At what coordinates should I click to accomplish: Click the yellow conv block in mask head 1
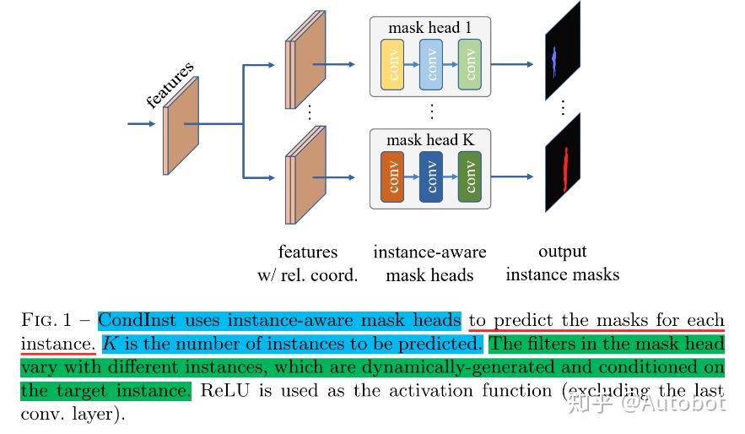(x=392, y=64)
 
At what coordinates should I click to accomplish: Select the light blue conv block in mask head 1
(x=431, y=64)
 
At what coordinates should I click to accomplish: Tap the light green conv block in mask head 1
(x=470, y=64)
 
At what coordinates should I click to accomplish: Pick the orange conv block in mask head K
(x=392, y=177)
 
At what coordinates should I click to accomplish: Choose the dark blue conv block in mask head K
(x=431, y=177)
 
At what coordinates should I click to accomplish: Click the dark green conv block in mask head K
(x=470, y=177)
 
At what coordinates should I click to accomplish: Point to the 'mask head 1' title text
(x=429, y=28)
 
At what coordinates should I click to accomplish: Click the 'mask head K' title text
(x=429, y=140)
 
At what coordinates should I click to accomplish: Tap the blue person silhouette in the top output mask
(x=553, y=57)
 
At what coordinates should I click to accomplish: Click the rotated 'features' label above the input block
(x=170, y=84)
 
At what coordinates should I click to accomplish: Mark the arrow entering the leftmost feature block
(x=142, y=124)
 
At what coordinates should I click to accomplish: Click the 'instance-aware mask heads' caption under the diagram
(x=429, y=263)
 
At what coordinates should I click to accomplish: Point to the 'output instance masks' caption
(x=562, y=263)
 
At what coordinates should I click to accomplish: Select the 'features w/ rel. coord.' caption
(x=307, y=263)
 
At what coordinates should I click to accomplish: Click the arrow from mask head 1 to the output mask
(x=512, y=64)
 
